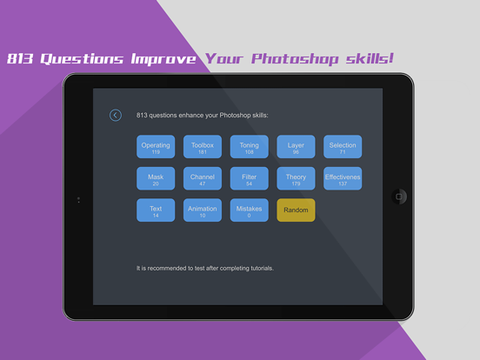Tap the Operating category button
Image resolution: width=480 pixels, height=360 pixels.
tap(156, 147)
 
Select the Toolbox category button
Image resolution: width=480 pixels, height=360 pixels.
tap(203, 147)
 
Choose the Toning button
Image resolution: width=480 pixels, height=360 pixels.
tap(250, 147)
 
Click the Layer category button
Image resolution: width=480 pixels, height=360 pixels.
tap(296, 147)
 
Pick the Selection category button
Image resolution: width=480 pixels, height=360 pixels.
tap(343, 147)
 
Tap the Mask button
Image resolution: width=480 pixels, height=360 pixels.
tap(156, 179)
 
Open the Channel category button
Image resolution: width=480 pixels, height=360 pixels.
tap(203, 179)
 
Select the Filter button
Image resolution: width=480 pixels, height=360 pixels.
tap(250, 179)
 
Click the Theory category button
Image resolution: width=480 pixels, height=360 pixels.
tap(296, 179)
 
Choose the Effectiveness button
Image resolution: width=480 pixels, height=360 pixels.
tap(343, 179)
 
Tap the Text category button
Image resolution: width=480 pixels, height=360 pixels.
tap(156, 210)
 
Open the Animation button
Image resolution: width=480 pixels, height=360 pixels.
tap(203, 210)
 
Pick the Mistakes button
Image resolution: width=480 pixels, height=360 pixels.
tap(250, 210)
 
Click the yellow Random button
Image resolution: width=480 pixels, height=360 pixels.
tap(296, 210)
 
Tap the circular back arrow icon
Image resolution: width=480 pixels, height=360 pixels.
tap(115, 115)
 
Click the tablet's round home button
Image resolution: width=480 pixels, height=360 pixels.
tap(399, 196)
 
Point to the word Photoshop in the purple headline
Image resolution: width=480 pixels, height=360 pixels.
tap(287, 59)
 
